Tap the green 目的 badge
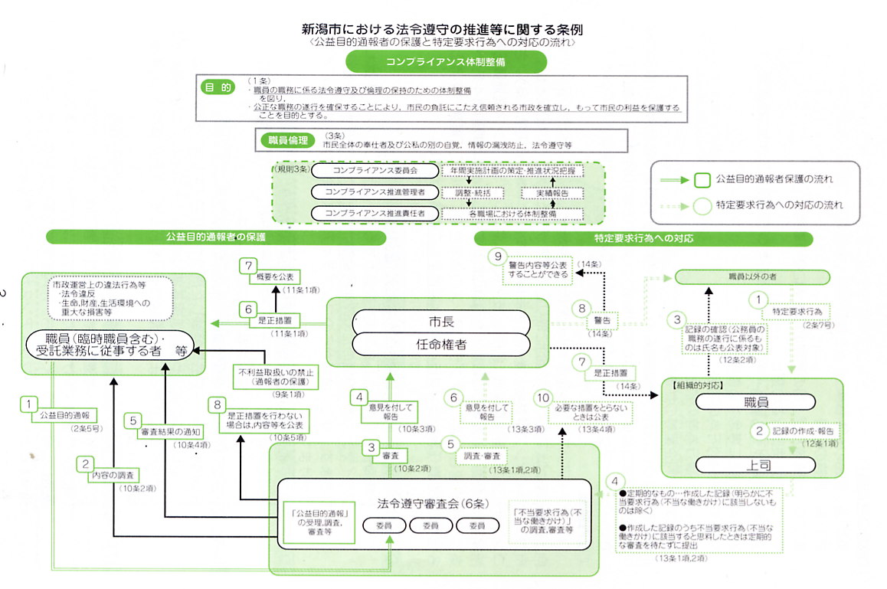pos(217,88)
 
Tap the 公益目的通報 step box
pos(64,416)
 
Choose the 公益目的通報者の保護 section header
pos(215,237)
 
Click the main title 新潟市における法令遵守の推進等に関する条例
pos(443,30)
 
